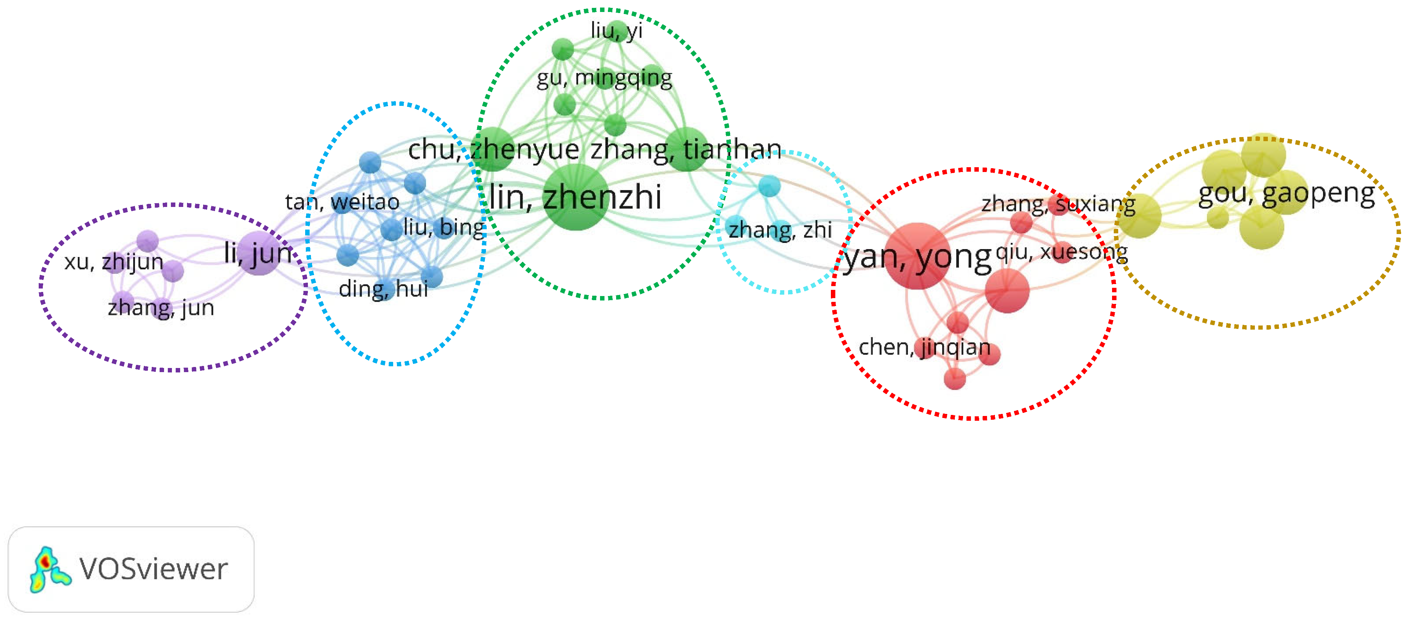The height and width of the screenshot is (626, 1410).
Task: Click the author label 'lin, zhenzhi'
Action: click(575, 197)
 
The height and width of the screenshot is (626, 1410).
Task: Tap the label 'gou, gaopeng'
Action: click(1286, 194)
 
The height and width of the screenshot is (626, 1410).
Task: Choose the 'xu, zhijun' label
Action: click(114, 262)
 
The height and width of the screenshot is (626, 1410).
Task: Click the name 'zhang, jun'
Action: click(161, 308)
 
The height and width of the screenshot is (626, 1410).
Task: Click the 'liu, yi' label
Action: click(616, 31)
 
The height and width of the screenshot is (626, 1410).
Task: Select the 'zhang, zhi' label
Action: click(780, 230)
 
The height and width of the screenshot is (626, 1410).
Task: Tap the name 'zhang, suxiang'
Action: click(1058, 204)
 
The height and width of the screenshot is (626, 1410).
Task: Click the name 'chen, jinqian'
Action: click(924, 347)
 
